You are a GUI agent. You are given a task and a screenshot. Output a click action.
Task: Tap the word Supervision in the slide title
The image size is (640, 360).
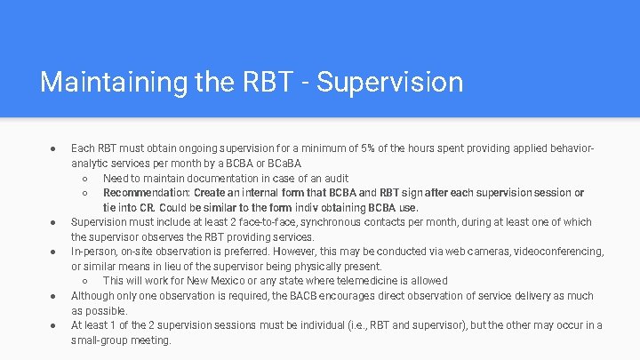(389, 82)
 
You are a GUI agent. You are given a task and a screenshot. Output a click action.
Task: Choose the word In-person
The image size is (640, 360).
(93, 252)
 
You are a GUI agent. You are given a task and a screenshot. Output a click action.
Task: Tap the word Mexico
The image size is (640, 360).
(213, 281)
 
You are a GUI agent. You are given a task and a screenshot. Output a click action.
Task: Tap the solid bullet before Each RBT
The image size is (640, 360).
(53, 148)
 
